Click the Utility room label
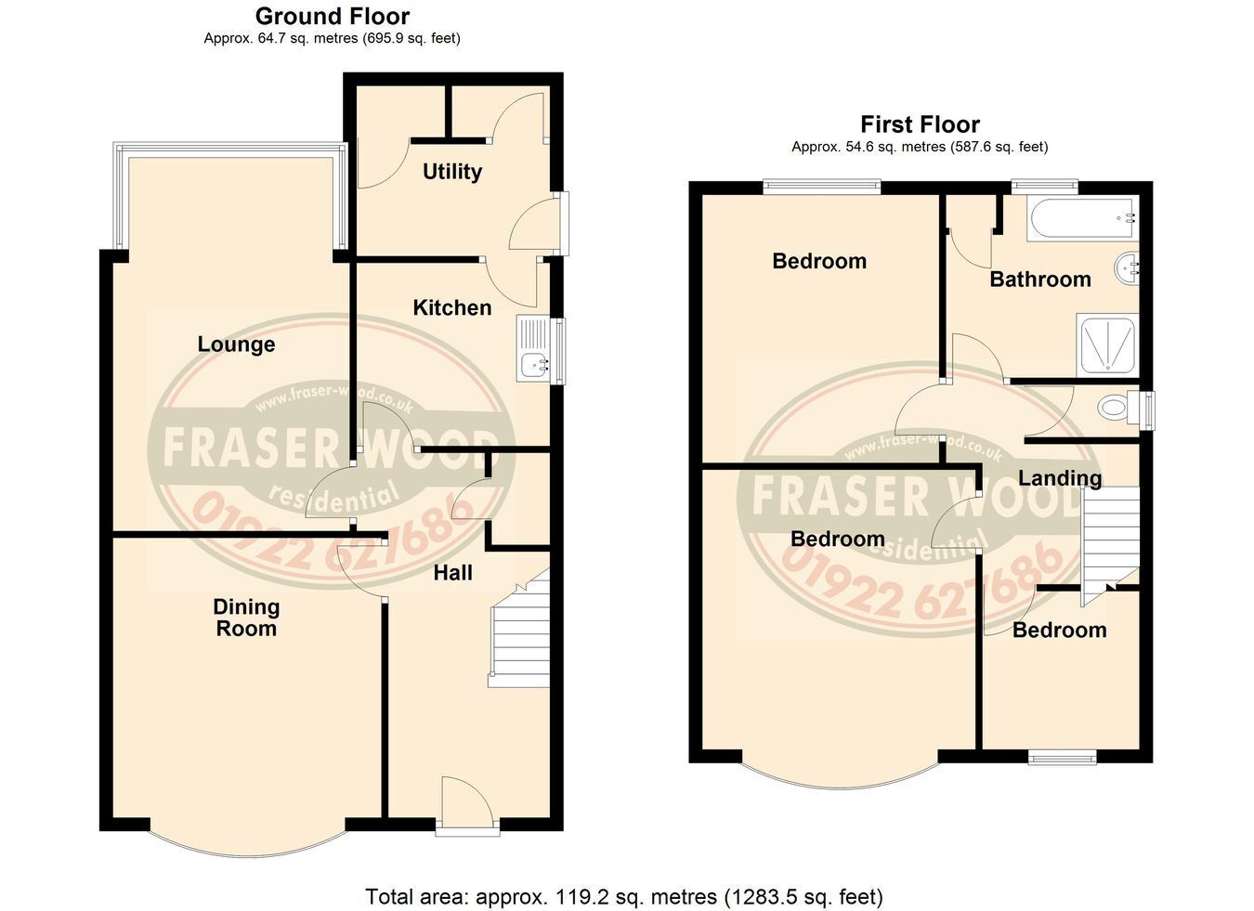click(451, 172)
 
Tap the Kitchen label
click(451, 307)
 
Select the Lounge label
click(236, 345)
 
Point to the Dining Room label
click(246, 618)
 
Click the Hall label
click(453, 572)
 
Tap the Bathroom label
click(1040, 280)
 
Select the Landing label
click(1060, 478)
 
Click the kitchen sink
click(535, 350)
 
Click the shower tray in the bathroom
click(1107, 345)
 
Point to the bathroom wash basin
click(1127, 268)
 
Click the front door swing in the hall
click(467, 800)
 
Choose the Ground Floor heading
click(333, 17)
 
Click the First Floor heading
click(920, 124)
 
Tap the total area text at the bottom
click(624, 896)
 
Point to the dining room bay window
click(248, 842)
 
